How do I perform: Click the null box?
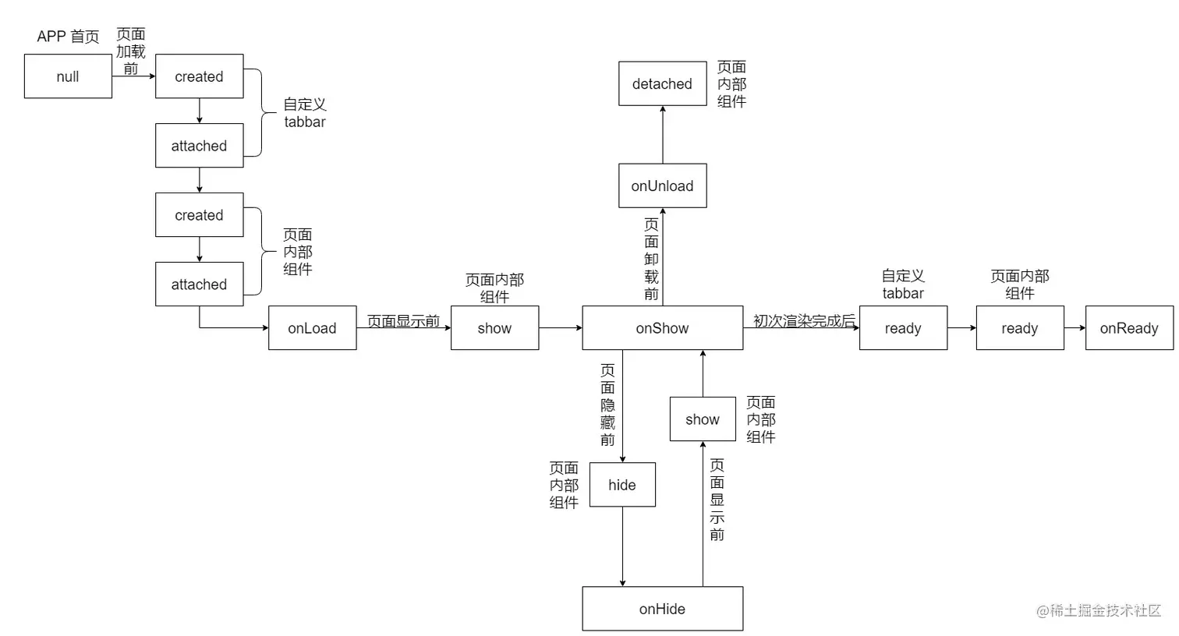coord(68,76)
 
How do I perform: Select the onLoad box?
coord(312,328)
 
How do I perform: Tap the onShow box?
coord(662,328)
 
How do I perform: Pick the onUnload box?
coord(662,185)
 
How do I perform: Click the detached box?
coord(662,83)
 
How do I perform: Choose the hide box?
coord(622,485)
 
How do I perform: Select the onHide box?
coord(662,609)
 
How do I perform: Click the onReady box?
coord(1128,328)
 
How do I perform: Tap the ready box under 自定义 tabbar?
coord(903,328)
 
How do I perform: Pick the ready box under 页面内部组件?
coord(1019,328)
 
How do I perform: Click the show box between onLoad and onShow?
coord(494,328)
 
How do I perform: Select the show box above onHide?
coord(703,419)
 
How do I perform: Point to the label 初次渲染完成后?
coord(804,320)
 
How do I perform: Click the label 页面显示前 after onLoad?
coord(403,320)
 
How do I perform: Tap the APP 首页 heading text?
coord(68,37)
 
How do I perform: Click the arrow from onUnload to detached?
coord(663,135)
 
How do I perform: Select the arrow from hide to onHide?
coord(622,546)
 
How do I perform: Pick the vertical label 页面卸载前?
coord(651,259)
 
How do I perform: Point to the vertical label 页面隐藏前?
coord(607,405)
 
